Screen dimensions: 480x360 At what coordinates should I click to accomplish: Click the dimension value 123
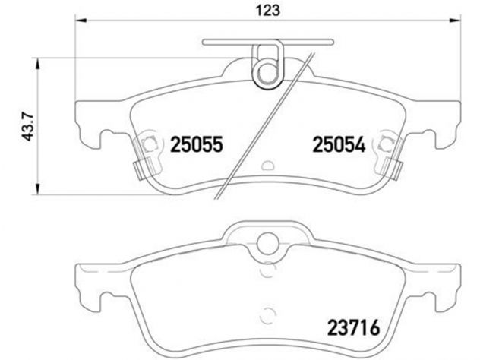[268, 10]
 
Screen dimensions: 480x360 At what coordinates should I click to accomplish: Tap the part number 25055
[196, 144]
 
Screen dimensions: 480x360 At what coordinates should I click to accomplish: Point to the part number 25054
[339, 144]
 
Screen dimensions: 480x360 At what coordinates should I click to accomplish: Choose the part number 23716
[354, 327]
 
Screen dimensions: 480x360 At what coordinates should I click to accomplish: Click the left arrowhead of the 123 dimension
[81, 21]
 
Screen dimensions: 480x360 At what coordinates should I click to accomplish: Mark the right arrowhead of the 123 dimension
[455, 21]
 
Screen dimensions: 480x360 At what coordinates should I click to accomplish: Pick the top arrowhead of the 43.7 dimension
[38, 64]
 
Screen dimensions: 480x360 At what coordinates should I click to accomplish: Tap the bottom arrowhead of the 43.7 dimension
[38, 188]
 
